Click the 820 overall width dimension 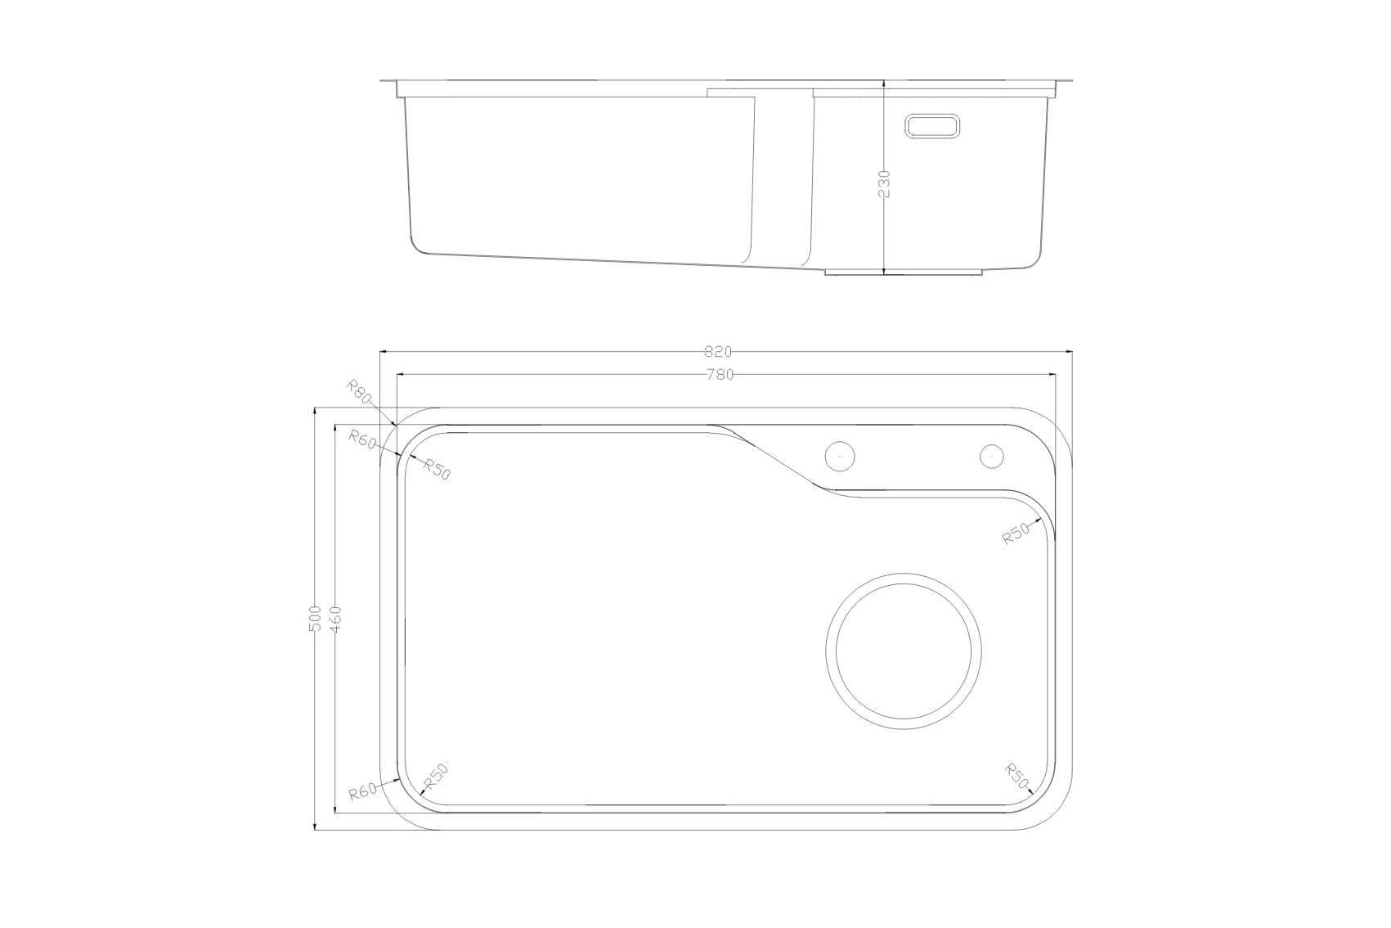(x=718, y=352)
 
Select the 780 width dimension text (x=720, y=375)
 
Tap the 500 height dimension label (x=315, y=619)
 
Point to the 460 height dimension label (x=335, y=619)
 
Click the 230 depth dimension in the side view (x=884, y=184)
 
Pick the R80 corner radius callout (x=359, y=391)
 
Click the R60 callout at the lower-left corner (x=362, y=792)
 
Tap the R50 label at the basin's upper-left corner (x=437, y=469)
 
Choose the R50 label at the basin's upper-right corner (x=1016, y=534)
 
